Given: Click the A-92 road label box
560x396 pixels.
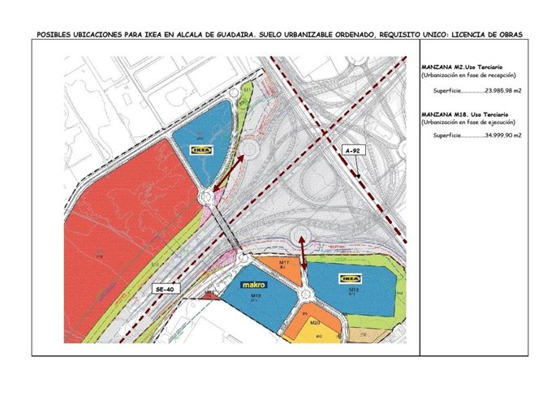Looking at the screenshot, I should (351, 151).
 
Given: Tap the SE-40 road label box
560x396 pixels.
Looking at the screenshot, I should (166, 288).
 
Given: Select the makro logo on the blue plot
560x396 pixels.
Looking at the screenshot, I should (256, 286).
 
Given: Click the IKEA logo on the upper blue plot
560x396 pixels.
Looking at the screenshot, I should (200, 149).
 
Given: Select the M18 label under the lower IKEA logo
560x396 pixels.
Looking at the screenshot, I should (354, 288).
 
